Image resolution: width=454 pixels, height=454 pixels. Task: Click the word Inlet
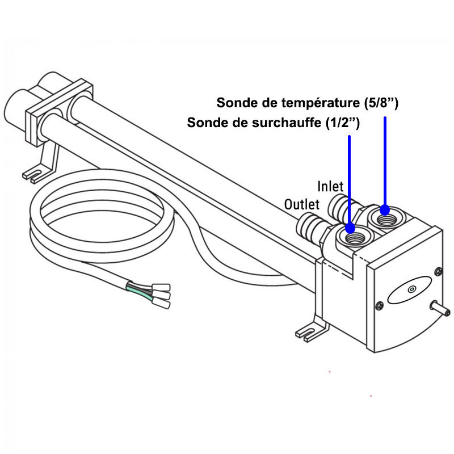pos(330,186)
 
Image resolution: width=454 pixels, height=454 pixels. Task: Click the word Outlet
pos(302,204)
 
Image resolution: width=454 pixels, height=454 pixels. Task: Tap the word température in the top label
pos(318,103)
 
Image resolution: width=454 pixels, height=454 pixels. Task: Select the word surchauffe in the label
pos(287,123)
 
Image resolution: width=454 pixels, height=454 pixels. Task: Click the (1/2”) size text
pos(343,123)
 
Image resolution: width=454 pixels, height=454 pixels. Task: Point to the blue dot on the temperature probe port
pos(385,210)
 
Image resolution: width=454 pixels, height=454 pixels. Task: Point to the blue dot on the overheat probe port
pos(350,228)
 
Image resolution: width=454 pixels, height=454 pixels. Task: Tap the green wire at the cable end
pos(140,292)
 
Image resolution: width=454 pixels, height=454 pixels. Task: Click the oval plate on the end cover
pos(409,290)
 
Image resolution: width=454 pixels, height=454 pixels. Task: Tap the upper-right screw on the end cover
pos(438,271)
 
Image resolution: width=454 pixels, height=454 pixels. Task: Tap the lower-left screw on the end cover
pos(379,305)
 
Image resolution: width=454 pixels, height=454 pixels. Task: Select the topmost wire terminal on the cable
pos(161,288)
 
